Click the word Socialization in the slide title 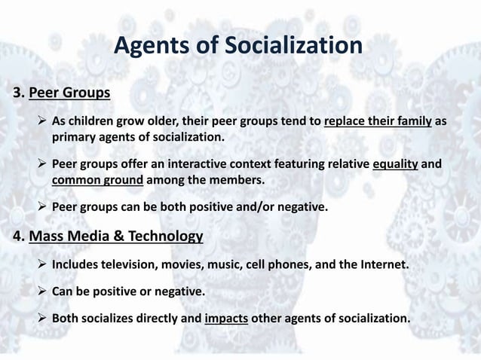pos(290,47)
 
